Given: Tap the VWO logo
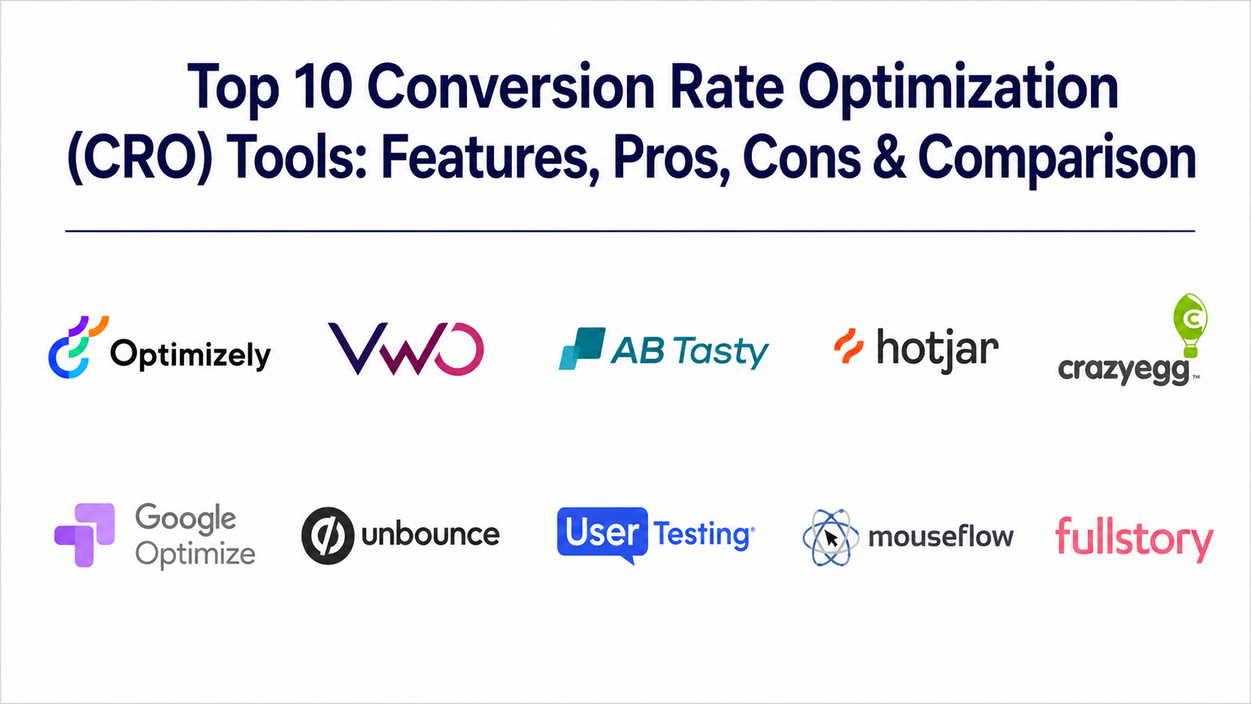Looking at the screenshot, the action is (x=406, y=349).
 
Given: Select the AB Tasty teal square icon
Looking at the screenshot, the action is (x=582, y=349).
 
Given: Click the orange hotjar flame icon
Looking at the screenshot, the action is (x=849, y=346).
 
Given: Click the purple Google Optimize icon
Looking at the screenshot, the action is (x=85, y=535).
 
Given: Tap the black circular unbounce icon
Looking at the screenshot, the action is (x=328, y=536).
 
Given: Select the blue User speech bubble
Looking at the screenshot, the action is (x=602, y=534).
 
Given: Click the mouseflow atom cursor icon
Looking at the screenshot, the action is (x=831, y=538).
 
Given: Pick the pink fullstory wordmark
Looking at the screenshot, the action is (x=1134, y=538).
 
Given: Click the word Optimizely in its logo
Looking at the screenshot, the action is (x=191, y=355).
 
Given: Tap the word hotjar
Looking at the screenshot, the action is (x=938, y=350).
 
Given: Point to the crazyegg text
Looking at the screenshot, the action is (x=1125, y=370).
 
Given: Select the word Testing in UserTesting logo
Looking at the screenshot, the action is (x=703, y=534).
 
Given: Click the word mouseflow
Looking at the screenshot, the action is (x=941, y=536).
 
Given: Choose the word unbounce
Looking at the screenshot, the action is (x=430, y=534).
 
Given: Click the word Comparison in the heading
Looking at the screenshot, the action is (x=1057, y=159).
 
